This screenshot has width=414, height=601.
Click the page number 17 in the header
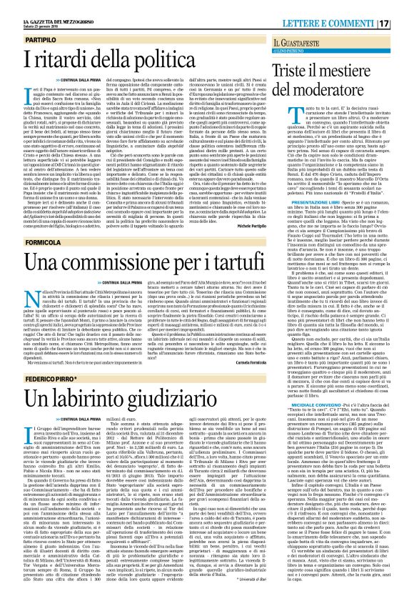click(x=404, y=7)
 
